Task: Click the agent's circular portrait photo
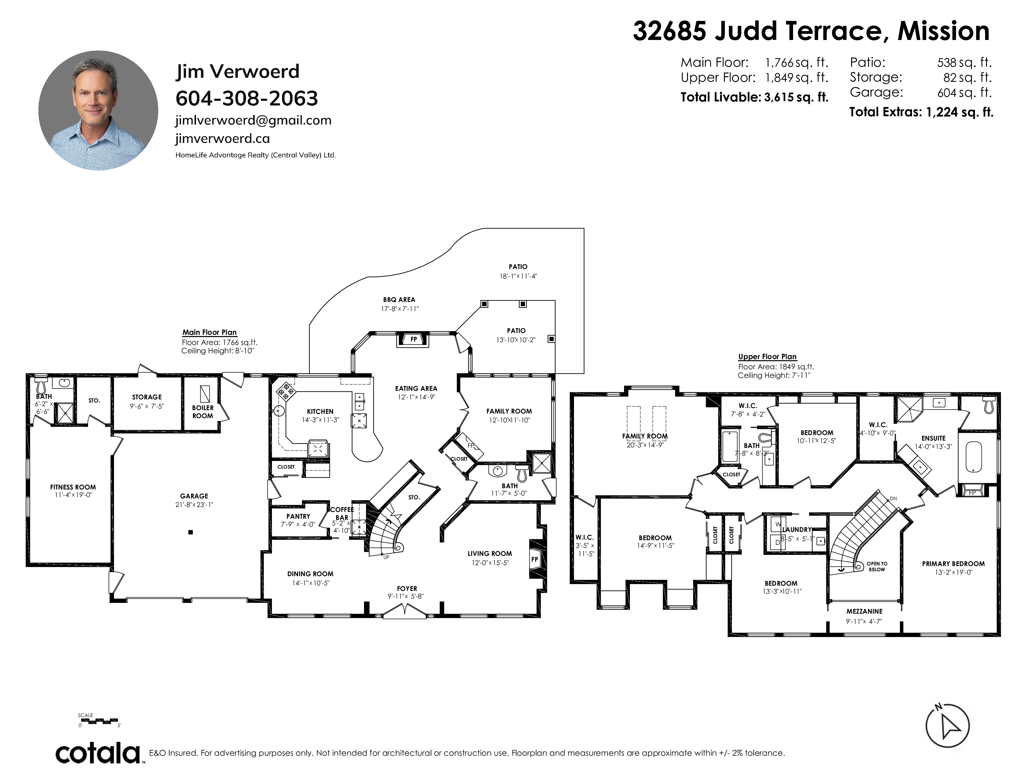[98, 111]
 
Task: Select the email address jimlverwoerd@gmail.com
[253, 120]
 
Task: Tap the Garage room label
[194, 496]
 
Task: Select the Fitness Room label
[73, 487]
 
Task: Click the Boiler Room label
[203, 411]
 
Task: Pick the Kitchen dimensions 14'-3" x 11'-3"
[320, 420]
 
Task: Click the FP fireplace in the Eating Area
[413, 339]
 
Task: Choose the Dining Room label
[310, 574]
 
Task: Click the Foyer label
[407, 588]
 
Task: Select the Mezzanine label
[864, 611]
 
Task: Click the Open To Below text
[877, 567]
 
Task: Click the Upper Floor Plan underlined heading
[768, 357]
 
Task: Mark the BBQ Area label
[399, 299]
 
